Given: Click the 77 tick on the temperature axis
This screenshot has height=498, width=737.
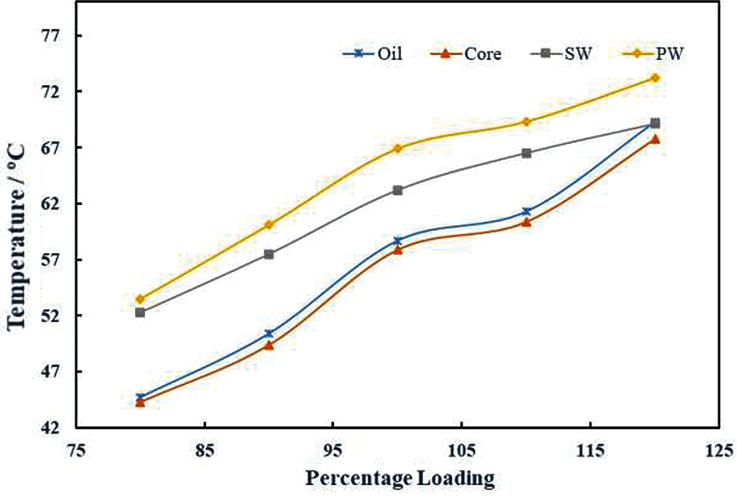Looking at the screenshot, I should click(x=53, y=36).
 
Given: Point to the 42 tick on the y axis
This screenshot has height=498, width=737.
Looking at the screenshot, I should click(x=53, y=428).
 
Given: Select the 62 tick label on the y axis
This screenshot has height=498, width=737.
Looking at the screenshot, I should click(x=53, y=204).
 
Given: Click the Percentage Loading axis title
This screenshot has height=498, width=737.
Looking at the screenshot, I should click(x=399, y=479).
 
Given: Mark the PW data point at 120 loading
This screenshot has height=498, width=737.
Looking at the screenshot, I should click(x=655, y=78).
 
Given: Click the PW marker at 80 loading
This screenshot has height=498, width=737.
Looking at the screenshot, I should click(x=140, y=299).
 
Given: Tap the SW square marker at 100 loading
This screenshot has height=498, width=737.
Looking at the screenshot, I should click(x=398, y=190).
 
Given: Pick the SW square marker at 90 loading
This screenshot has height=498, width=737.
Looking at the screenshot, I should click(x=269, y=254).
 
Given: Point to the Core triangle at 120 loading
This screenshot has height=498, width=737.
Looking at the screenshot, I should click(x=655, y=139).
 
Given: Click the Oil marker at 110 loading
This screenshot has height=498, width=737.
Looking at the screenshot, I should click(x=526, y=211).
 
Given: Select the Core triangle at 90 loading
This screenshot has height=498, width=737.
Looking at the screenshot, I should click(x=269, y=345).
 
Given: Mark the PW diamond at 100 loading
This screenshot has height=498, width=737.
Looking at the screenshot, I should click(x=398, y=148).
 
